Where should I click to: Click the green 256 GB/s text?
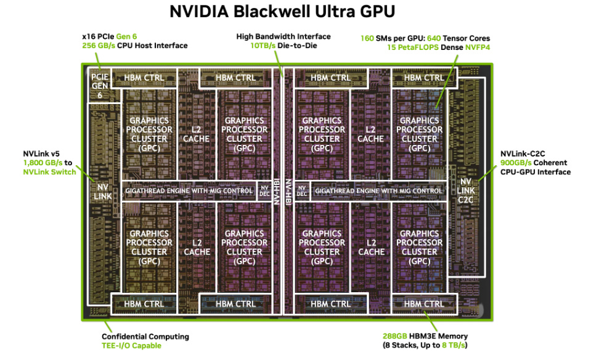click(x=100, y=46)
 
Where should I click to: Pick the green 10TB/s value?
click(x=263, y=46)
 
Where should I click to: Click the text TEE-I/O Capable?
click(x=131, y=346)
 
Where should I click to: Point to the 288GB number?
click(x=394, y=337)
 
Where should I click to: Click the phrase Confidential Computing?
click(x=145, y=337)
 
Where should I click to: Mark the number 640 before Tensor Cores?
click(x=434, y=38)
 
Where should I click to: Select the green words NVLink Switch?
click(x=49, y=172)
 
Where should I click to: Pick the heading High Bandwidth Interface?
click(x=283, y=36)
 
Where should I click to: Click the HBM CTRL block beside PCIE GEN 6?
click(x=144, y=78)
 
